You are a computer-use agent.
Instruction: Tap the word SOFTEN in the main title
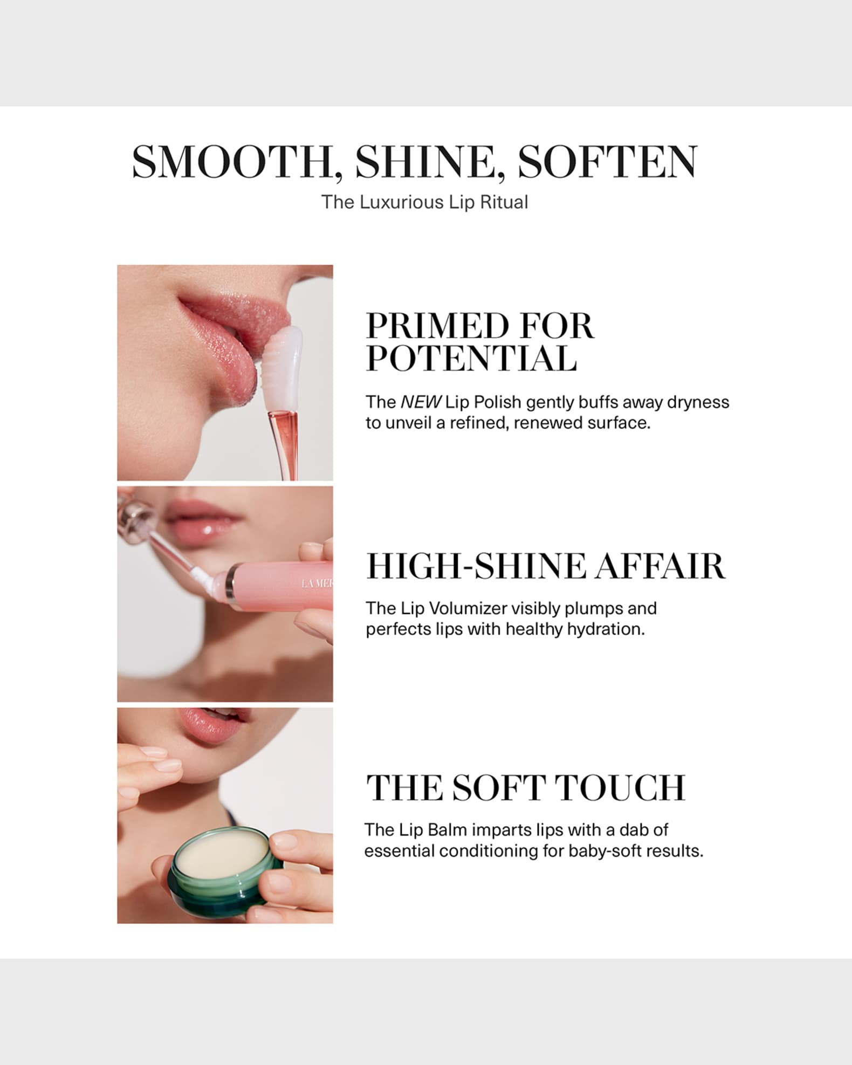click(607, 162)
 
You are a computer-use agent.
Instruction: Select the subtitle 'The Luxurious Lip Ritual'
click(424, 202)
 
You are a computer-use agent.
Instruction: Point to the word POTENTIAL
click(471, 358)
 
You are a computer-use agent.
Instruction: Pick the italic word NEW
click(421, 402)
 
